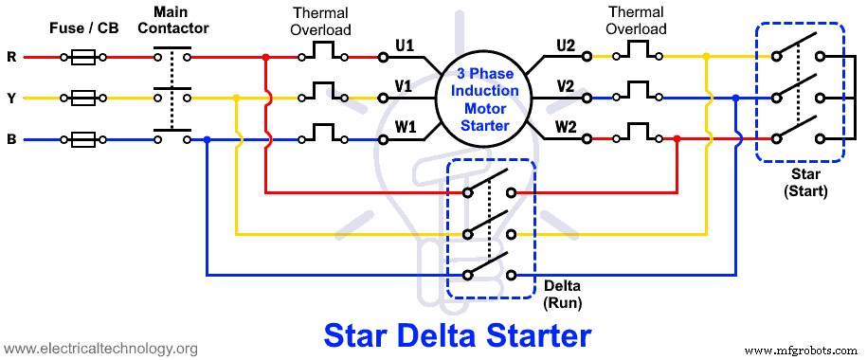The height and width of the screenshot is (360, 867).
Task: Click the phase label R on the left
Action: [11, 57]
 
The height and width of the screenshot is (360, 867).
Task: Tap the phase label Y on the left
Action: [11, 98]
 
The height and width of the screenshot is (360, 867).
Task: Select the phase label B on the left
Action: [11, 139]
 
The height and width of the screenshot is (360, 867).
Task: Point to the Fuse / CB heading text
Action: [85, 28]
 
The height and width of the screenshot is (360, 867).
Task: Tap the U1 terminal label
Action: [405, 45]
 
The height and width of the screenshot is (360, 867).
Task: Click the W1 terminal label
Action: [405, 127]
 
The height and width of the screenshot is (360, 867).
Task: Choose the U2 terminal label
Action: [566, 45]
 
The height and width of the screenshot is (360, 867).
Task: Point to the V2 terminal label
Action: [566, 86]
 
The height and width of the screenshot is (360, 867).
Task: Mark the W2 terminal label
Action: [566, 127]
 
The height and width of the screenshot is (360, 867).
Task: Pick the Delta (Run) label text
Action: [562, 294]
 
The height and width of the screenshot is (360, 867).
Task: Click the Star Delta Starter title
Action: [458, 334]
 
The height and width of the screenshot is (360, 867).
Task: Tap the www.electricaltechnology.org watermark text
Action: [99, 349]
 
